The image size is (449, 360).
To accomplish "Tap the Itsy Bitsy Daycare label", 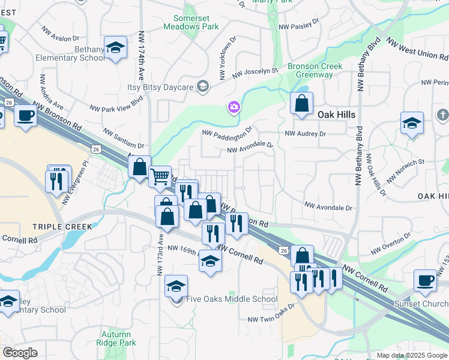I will pos(160,87).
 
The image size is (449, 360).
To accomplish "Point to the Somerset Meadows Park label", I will pos(191,22).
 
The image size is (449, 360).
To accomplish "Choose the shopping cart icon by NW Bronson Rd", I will pos(160,177).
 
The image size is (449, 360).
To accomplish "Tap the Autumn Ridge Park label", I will pos(119,338).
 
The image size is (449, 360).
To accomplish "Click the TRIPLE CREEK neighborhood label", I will pos(62,227).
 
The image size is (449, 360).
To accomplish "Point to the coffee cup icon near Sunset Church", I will pos(425,280).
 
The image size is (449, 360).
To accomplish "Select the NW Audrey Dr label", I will pos(305,134).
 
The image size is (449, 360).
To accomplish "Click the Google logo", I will pos(20,353).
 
